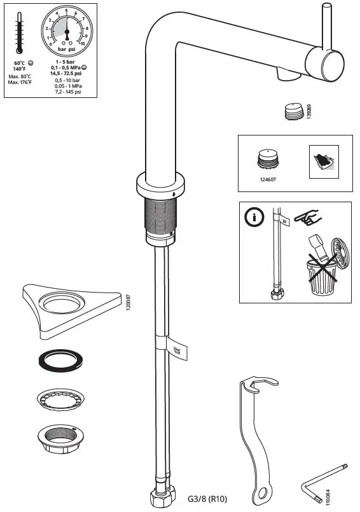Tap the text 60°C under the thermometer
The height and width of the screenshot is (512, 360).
pos(19,64)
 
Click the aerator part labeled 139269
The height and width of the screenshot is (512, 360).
pos(291,111)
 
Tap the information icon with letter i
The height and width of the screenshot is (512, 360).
pos(254,218)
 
